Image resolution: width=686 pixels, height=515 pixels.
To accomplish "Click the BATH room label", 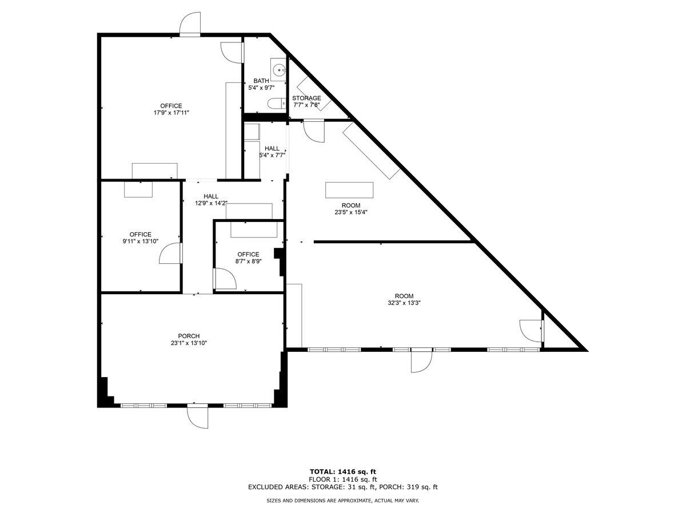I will [x=261, y=81].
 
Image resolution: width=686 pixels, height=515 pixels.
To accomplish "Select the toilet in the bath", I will [x=276, y=104].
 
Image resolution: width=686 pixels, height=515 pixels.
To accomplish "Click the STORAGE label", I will [x=306, y=98].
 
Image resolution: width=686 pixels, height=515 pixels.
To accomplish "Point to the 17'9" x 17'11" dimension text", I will [x=171, y=113].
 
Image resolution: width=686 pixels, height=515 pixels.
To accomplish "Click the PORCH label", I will [x=188, y=336].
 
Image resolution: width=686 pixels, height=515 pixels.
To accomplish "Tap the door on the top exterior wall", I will [x=190, y=24].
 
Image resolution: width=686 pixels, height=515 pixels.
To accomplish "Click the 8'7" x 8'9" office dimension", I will [x=248, y=261].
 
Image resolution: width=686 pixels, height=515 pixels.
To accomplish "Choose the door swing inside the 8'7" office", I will [x=225, y=279].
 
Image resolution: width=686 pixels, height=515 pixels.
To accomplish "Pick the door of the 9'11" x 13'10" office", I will [x=170, y=253].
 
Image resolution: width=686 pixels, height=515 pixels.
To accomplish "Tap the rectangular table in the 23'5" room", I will [x=349, y=189].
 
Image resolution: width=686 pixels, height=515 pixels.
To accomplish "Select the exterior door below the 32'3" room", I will [x=421, y=361].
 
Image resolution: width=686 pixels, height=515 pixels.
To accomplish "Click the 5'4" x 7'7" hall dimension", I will [x=272, y=154].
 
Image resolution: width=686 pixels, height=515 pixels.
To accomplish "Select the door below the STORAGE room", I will [x=314, y=131].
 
